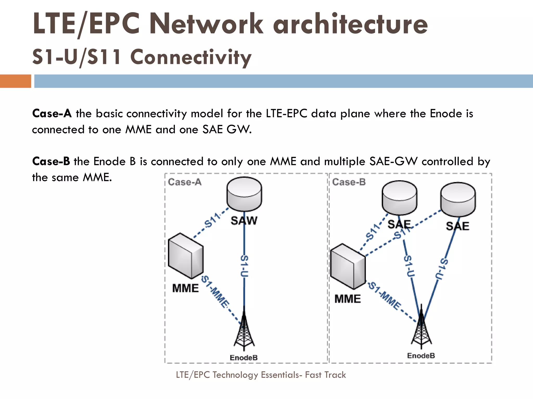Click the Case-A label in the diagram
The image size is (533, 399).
(185, 182)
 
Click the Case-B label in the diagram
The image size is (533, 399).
(349, 182)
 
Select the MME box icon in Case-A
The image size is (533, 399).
(186, 256)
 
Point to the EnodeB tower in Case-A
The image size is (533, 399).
(244, 330)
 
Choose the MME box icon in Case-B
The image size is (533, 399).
(348, 267)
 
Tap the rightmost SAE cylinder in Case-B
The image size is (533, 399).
(458, 199)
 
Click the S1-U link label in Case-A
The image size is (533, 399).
(244, 266)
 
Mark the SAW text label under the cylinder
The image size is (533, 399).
(244, 221)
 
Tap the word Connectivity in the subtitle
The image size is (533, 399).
(191, 57)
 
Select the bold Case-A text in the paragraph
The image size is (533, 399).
(52, 114)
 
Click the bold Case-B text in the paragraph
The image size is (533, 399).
(51, 161)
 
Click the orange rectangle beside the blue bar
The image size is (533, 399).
(15, 81)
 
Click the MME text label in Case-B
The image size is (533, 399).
(347, 299)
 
